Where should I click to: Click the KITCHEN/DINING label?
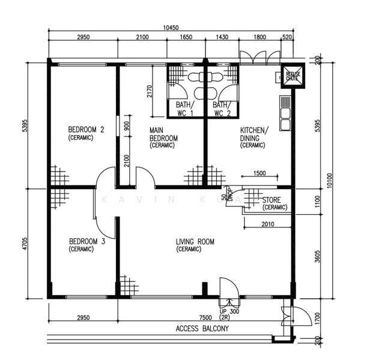pyautogui.click(x=255, y=137)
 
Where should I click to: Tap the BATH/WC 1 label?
pyautogui.click(x=184, y=108)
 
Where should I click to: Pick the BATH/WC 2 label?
pyautogui.click(x=222, y=108)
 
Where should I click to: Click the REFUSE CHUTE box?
pyautogui.click(x=291, y=75)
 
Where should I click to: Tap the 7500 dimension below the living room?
pyautogui.click(x=205, y=317)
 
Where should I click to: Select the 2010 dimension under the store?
pyautogui.click(x=269, y=224)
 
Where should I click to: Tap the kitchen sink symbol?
pyautogui.click(x=284, y=114)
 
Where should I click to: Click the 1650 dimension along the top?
pyautogui.click(x=186, y=37)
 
